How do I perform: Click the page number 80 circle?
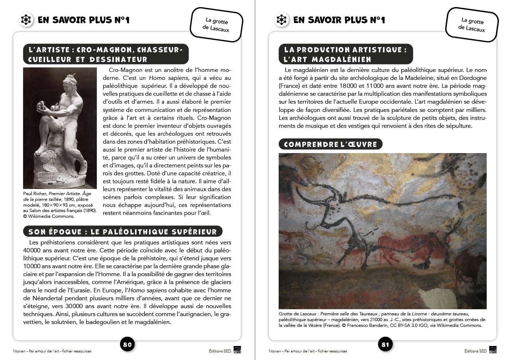tap(127, 345)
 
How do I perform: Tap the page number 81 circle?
tap(385, 345)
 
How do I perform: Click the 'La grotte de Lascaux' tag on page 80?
tap(216, 25)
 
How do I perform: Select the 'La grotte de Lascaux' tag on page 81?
tap(472, 25)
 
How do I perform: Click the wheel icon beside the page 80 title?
tap(26, 20)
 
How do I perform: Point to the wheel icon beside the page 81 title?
tap(281, 20)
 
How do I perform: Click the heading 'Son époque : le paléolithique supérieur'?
tap(122, 231)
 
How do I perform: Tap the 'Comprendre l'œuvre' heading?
tap(330, 144)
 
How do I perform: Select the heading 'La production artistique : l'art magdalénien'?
tap(345, 54)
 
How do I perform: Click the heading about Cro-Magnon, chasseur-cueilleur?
tap(105, 54)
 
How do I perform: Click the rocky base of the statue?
tap(54, 169)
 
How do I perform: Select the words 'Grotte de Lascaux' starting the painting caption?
tap(297, 314)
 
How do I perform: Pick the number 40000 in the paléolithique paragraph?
tap(32, 250)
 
